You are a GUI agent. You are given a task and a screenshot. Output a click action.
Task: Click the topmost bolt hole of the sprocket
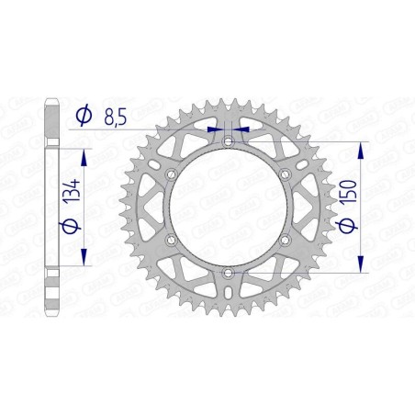pyautogui.click(x=228, y=140)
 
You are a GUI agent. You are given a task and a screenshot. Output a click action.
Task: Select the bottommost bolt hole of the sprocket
pyautogui.click(x=228, y=273)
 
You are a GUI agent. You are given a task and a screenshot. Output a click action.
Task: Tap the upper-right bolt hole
pyautogui.click(x=285, y=174)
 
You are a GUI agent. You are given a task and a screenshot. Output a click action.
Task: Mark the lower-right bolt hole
pyautogui.click(x=285, y=240)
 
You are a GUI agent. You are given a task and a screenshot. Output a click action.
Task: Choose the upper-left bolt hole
pyautogui.click(x=171, y=174)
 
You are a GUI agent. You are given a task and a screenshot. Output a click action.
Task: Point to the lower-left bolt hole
pyautogui.click(x=171, y=240)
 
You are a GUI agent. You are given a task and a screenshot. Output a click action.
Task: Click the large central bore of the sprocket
pyautogui.click(x=228, y=207)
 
